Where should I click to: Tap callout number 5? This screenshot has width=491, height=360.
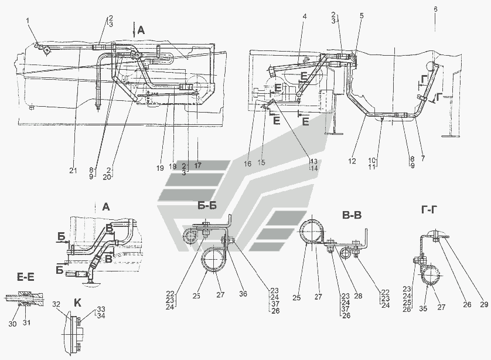(x=361, y=16)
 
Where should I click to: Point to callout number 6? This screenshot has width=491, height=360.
(x=435, y=10)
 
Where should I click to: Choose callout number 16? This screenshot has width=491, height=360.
(x=248, y=165)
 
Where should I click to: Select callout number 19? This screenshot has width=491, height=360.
(x=159, y=167)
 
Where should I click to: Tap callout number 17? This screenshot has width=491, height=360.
(x=197, y=166)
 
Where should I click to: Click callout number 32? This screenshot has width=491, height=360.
(x=56, y=305)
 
